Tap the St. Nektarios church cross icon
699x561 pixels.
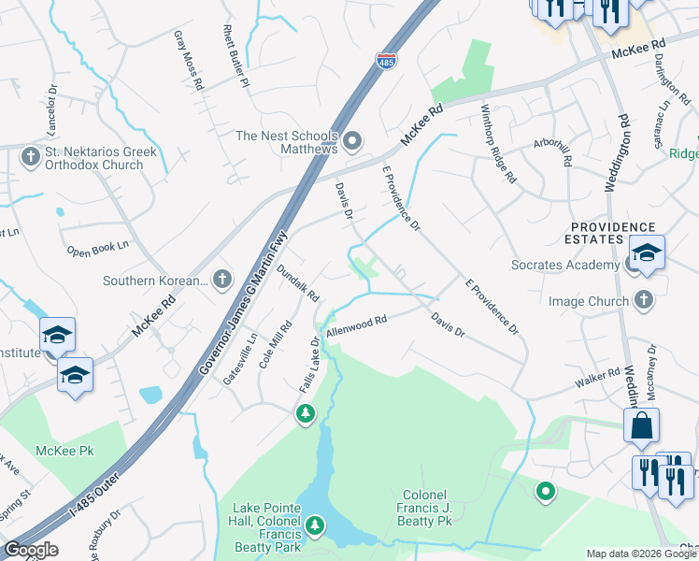pos(30,155)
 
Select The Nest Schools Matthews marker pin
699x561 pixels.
pos(352,142)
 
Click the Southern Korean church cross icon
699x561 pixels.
pos(222,279)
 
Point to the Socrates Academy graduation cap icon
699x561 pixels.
pos(646,252)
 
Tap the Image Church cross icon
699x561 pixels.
pos(642,300)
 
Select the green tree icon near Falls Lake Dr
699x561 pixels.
pos(305,412)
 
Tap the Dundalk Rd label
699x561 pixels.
pos(298,282)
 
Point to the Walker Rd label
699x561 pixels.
pos(598,378)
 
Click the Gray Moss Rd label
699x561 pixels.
pos(188,60)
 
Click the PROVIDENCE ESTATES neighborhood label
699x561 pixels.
pos(613,233)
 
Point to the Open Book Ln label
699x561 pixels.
pos(97,250)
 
